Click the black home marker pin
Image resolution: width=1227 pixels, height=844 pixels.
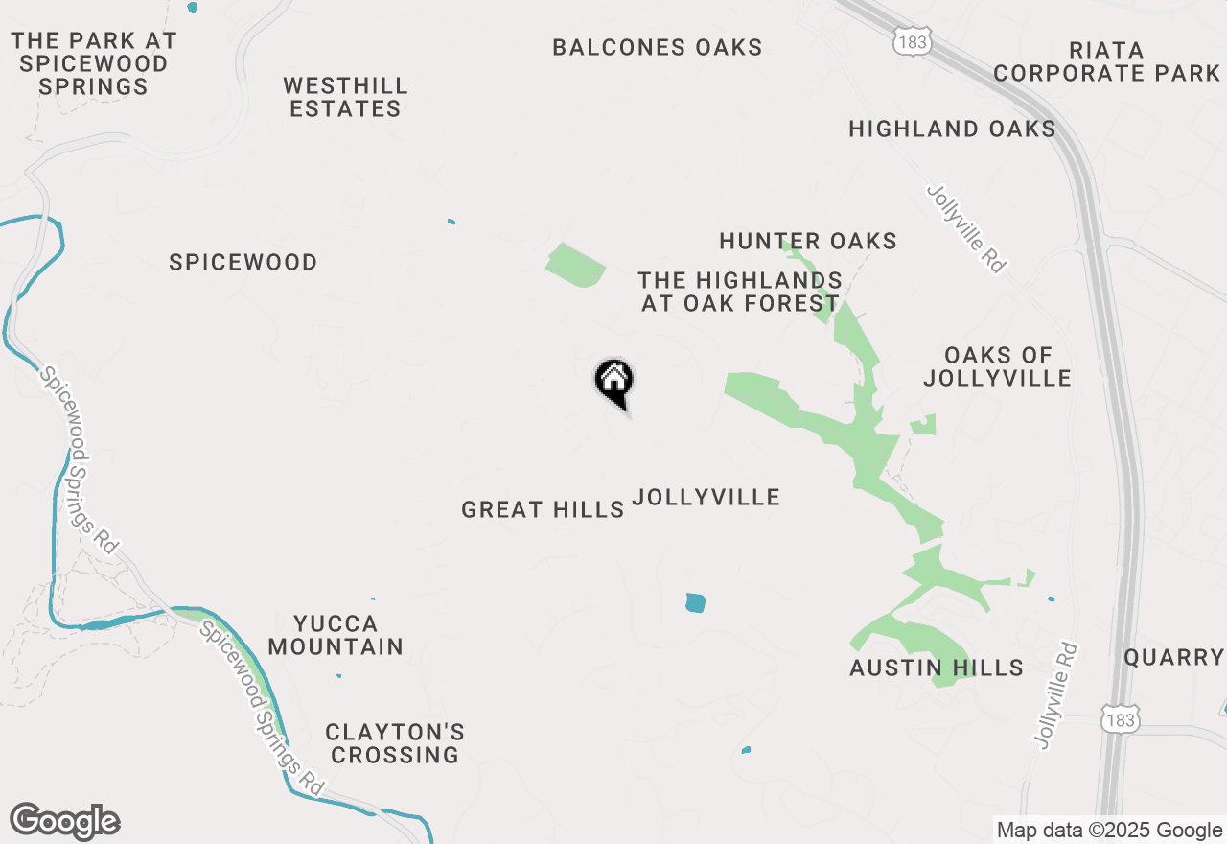tap(614, 382)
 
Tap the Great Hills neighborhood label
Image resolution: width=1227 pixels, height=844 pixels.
tap(543, 509)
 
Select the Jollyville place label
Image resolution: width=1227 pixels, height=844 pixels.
tap(706, 497)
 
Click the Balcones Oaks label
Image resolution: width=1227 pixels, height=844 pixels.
tap(658, 47)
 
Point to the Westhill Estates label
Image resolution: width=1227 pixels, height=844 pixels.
tap(345, 98)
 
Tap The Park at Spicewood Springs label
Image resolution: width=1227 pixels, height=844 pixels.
tap(94, 63)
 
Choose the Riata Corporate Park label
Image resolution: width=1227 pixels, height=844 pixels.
tap(1106, 61)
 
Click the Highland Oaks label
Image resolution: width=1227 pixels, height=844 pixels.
tap(952, 129)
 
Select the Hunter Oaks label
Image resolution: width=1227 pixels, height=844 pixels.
tap(808, 241)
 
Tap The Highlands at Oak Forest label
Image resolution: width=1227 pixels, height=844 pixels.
tap(739, 292)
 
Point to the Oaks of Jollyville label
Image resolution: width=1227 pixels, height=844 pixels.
tap(997, 366)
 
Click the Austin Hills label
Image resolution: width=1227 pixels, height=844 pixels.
tap(937, 668)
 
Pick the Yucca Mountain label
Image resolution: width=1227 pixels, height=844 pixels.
tap(336, 635)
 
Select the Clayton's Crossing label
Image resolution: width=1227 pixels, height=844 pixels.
tap(395, 743)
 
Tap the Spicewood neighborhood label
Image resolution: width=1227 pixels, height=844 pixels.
tap(243, 262)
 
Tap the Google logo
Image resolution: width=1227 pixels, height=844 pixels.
tap(65, 821)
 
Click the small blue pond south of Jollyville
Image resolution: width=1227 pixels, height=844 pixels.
tap(696, 602)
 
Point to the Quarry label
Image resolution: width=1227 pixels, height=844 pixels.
tap(1173, 657)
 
